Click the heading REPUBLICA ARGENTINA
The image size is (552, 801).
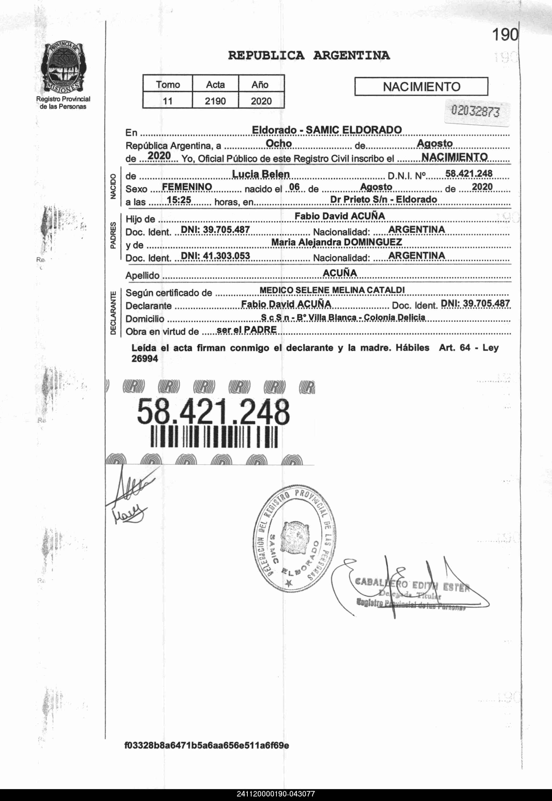309,55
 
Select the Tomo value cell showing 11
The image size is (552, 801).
167,101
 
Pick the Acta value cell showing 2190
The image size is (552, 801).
215,101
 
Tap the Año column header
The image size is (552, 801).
260,84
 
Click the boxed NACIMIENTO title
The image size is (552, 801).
421,86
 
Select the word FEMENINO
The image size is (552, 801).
187,187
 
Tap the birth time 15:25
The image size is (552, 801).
179,200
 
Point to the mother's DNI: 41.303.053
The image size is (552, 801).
215,256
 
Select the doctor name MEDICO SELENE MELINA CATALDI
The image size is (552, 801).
332,290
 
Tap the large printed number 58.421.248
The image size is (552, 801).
213,412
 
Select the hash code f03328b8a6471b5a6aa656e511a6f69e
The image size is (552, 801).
207,755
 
